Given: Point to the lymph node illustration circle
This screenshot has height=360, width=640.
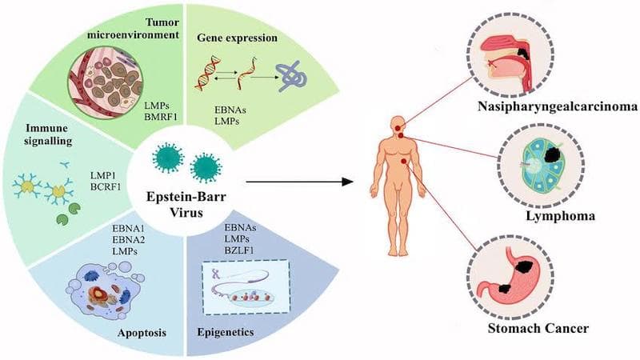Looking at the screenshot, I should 531,164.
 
